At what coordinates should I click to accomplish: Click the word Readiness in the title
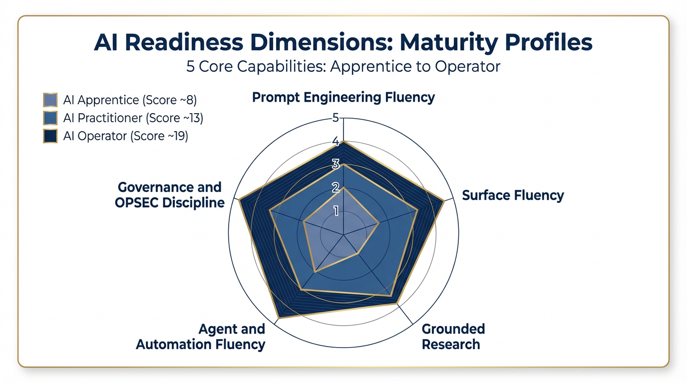point(195,42)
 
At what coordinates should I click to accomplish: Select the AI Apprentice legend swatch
point(50,100)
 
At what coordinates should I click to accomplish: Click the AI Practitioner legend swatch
point(50,118)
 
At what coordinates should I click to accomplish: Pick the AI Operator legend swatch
point(50,136)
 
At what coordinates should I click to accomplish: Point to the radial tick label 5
point(336,118)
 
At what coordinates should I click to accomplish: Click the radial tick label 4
point(336,142)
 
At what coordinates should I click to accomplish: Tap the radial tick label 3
point(336,164)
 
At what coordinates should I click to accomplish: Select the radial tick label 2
point(336,188)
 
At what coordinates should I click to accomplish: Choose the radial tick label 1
point(336,211)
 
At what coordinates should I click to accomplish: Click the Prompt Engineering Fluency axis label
point(343,97)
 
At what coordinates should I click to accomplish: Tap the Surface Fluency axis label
point(513,195)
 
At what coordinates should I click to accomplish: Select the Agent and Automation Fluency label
point(201,337)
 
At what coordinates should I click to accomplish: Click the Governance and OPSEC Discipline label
point(170,195)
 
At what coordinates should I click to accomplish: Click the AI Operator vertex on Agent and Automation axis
point(278,317)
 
